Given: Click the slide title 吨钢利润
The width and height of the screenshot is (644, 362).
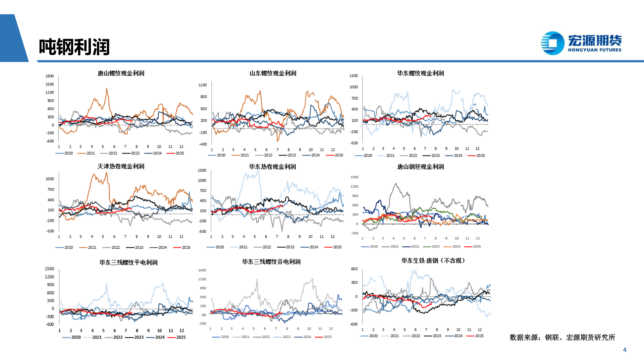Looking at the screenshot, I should [74, 47].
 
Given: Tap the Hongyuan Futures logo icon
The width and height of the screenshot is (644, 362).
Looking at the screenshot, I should [552, 43].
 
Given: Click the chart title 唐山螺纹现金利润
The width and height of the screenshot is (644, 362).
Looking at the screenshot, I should [121, 73].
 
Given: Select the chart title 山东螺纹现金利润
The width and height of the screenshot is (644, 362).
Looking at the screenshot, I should [273, 73].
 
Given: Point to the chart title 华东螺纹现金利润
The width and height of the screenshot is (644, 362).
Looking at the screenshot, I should [420, 73].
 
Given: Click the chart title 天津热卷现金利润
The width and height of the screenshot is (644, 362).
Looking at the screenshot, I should [121, 167].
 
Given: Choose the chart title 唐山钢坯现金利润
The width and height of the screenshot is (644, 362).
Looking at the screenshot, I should [420, 167].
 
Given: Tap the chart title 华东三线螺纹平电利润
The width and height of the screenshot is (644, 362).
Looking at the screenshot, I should [128, 262].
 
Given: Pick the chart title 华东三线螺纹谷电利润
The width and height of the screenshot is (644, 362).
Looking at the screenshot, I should [271, 262].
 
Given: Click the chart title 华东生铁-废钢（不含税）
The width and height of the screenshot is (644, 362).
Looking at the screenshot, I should [433, 261].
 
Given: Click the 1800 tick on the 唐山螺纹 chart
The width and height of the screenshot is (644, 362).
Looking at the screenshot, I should [50, 76].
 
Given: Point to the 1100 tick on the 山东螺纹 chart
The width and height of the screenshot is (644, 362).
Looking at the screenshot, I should [203, 85].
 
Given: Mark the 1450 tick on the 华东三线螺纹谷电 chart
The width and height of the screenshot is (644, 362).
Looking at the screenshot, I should [202, 270].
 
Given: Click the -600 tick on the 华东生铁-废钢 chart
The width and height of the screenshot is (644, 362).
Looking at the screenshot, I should [354, 324].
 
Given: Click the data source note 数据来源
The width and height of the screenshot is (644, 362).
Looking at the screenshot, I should [562, 338].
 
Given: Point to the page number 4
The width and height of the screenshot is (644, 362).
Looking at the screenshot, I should [625, 350].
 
